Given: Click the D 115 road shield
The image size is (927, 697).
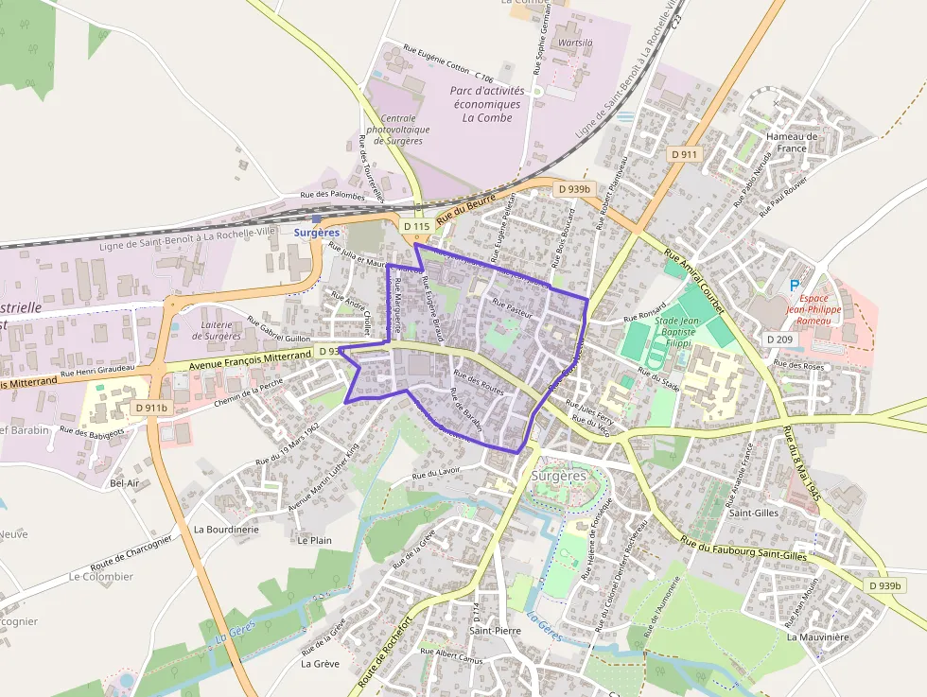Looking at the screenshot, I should click(x=416, y=227).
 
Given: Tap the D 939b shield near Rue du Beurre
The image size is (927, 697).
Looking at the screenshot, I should click(x=573, y=189).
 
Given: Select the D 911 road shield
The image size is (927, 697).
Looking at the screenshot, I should click(x=683, y=154).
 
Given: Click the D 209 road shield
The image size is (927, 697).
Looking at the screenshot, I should click(x=780, y=339).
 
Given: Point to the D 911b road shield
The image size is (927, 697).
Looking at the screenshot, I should click(x=149, y=408).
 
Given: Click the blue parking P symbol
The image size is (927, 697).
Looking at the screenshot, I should click(x=794, y=285).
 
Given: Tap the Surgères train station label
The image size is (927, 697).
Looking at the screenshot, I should click(x=315, y=232).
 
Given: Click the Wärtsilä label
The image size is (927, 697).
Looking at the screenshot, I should click(x=576, y=44).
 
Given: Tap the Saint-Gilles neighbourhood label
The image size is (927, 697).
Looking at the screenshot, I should click(x=753, y=513).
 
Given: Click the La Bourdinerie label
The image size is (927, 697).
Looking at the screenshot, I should click(x=226, y=530).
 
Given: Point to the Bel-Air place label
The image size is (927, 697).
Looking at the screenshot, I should click(x=125, y=482).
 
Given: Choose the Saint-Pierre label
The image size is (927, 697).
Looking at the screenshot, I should click(x=495, y=630).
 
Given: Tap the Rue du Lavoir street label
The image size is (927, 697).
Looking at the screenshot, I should click(x=436, y=474).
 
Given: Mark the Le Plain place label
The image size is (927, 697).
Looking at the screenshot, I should click(x=314, y=540).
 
